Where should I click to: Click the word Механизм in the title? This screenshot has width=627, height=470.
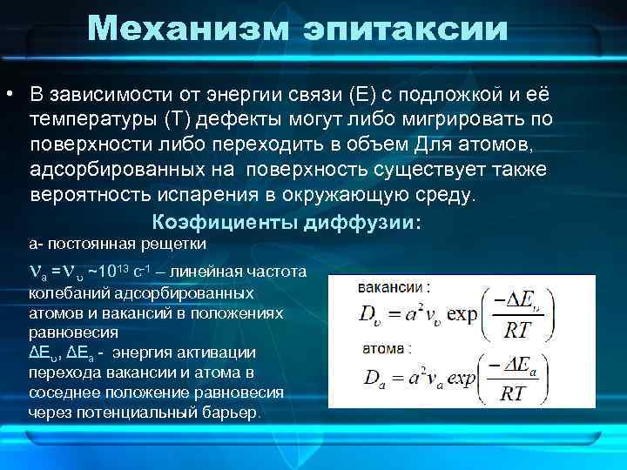click(189, 28)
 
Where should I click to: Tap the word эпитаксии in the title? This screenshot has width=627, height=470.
click(405, 30)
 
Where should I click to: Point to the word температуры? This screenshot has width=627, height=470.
click(84, 117)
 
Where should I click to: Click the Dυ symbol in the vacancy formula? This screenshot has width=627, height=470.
click(368, 314)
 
